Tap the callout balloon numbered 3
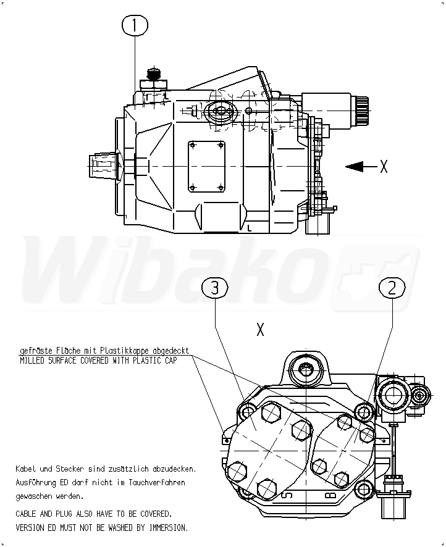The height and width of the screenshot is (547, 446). [x=214, y=288]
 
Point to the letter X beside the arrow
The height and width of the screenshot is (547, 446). [x=384, y=166]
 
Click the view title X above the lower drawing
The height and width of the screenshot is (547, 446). [x=260, y=330]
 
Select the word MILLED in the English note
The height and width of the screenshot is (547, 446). [x=32, y=361]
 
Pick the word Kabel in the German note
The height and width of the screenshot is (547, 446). [x=26, y=469]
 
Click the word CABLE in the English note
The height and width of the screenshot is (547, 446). [x=27, y=514]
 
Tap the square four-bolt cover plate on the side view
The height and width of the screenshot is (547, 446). [x=206, y=165]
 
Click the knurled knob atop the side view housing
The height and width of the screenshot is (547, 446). [x=153, y=77]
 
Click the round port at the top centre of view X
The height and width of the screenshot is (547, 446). [x=306, y=370]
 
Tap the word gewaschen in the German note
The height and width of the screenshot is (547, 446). [x=33, y=496]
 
